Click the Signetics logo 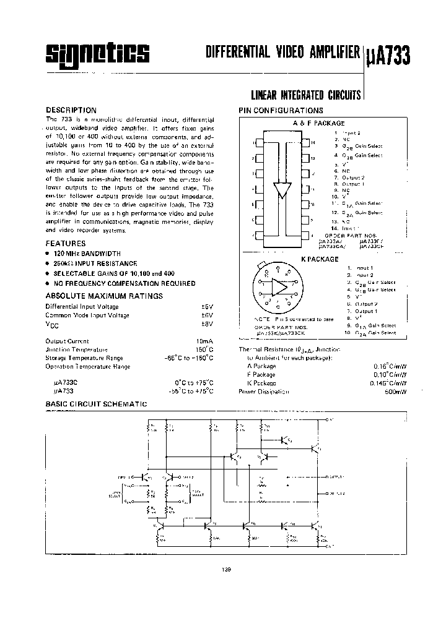point(98,54)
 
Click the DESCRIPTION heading point(71,110)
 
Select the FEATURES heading point(66,244)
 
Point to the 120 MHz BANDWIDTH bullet point(87,254)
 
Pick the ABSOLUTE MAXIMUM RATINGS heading point(104,296)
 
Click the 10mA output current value point(204,341)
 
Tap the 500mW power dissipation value point(396,392)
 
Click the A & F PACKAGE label point(318,123)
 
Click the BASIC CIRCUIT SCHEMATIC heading point(96,404)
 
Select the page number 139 point(225,570)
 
